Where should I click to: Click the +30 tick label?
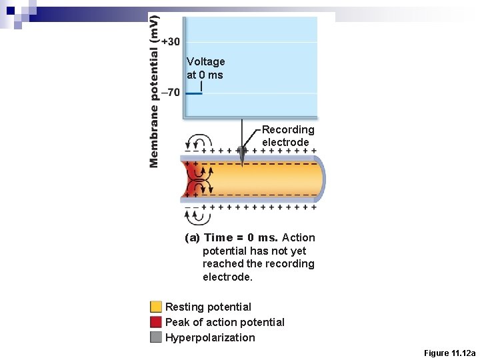tap(171, 41)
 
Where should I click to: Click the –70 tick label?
tap(171, 92)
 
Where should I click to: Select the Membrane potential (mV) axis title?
tap(154, 91)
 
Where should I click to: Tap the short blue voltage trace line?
tap(193, 93)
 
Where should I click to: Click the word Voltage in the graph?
tap(205, 61)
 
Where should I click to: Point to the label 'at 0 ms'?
tap(205, 75)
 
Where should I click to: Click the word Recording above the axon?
tap(288, 129)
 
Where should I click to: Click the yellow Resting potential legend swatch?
tap(156, 307)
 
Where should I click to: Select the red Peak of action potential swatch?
tap(156, 322)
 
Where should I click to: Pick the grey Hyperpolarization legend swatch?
tap(156, 337)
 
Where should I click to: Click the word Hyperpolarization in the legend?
tap(210, 337)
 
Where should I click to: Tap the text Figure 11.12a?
tap(450, 353)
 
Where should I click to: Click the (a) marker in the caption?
tap(192, 238)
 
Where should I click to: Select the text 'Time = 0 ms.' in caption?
tap(241, 238)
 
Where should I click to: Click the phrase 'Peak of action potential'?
tap(225, 322)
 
